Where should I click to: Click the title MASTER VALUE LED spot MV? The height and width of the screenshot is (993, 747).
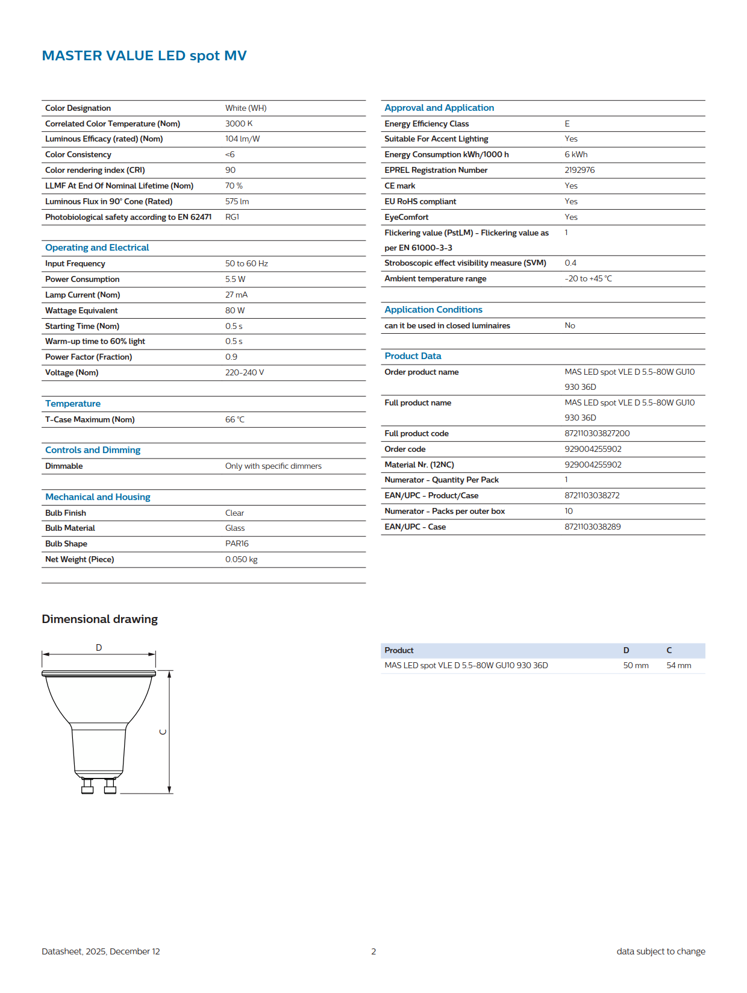click(144, 55)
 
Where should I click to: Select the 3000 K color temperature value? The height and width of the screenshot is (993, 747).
click(239, 124)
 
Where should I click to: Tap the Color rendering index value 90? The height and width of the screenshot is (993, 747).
click(230, 170)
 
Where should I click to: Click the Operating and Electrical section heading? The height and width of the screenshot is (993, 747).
click(97, 248)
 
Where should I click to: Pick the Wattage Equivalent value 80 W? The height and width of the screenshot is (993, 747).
click(235, 310)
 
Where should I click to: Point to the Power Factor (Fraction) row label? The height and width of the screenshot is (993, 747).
click(89, 357)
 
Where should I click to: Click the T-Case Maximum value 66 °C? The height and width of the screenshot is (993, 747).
click(235, 419)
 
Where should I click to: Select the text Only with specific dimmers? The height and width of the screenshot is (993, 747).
click(273, 466)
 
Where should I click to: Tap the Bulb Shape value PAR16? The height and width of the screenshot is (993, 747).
click(237, 543)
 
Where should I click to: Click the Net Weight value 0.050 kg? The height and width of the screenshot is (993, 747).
click(241, 559)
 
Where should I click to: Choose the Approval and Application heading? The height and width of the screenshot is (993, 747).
click(439, 108)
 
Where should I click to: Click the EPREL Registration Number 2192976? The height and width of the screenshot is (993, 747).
click(580, 170)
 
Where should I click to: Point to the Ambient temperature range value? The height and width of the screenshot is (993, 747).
click(588, 278)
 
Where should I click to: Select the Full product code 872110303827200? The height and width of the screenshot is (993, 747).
click(597, 433)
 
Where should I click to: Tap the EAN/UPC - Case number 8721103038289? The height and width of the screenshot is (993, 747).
click(592, 527)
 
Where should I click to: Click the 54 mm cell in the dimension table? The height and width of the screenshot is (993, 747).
click(678, 665)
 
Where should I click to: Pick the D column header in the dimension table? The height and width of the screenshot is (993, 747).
click(626, 650)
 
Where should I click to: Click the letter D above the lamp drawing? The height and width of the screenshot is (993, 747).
click(99, 647)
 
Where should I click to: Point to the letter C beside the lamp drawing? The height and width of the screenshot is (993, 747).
click(162, 732)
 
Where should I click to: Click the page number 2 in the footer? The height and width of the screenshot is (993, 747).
click(373, 951)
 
